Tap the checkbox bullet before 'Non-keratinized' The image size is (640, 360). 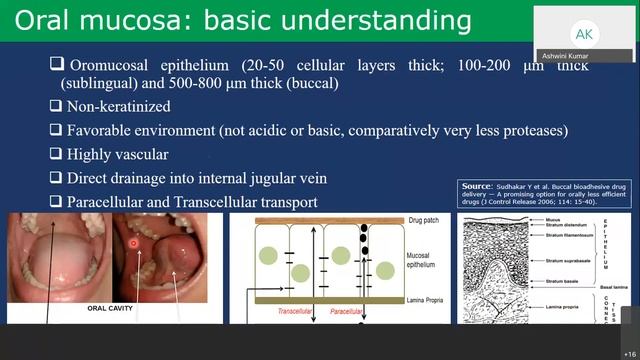click(x=56, y=106)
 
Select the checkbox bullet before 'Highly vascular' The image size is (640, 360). click(x=56, y=154)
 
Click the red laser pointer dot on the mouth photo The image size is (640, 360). click(x=132, y=243)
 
